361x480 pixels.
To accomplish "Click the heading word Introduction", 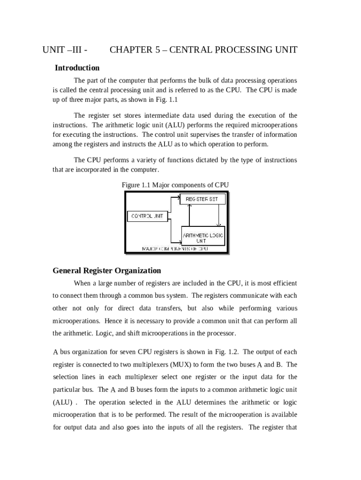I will (x=77, y=68).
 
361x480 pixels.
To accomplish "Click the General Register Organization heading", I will (x=107, y=270).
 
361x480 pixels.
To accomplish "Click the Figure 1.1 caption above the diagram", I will (x=175, y=185).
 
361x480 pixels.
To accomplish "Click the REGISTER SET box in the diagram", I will (x=203, y=199).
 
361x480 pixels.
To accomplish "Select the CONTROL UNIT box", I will (x=147, y=216).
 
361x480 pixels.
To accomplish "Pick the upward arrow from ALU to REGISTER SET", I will (x=189, y=215).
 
